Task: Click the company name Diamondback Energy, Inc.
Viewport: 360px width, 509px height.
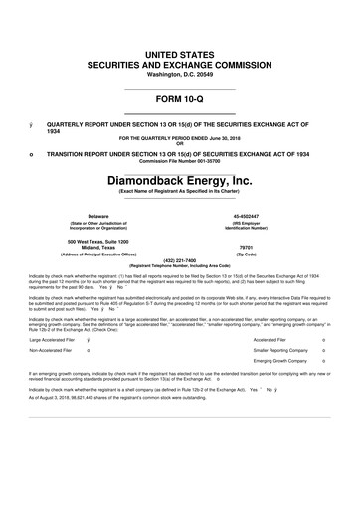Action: [x=179, y=182]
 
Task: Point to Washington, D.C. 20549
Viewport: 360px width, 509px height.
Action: [x=179, y=74]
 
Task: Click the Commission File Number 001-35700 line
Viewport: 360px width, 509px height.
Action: [x=179, y=161]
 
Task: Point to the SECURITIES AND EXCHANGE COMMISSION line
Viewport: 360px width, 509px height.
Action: [x=179, y=62]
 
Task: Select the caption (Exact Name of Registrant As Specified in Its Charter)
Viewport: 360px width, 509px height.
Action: [x=179, y=195]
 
